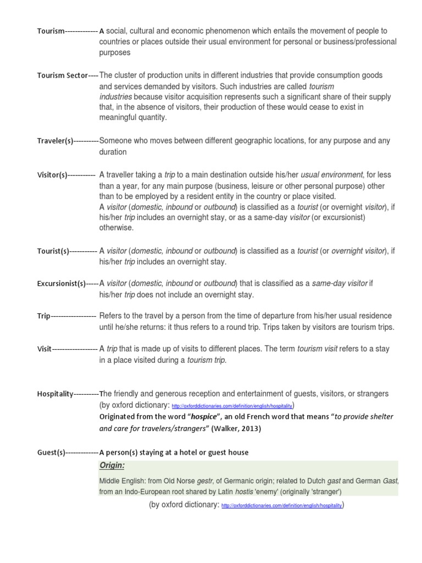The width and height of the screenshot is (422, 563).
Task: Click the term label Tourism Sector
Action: coord(62,75)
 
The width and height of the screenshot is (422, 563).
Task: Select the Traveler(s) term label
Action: coord(55,141)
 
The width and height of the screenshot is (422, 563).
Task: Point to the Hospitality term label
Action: coord(55,394)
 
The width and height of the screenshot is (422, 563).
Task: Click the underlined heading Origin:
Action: coord(112,466)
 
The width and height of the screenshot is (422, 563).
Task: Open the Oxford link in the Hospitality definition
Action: coord(232,406)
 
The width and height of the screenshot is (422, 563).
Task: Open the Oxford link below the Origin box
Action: coord(281,505)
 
